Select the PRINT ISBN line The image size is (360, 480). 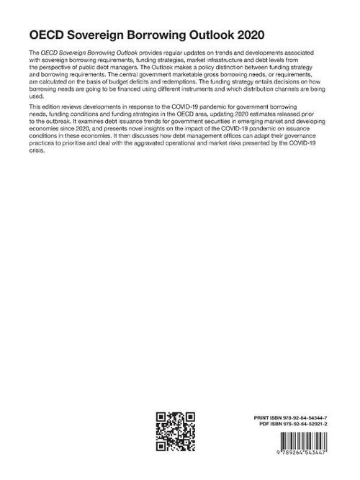[297, 417]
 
